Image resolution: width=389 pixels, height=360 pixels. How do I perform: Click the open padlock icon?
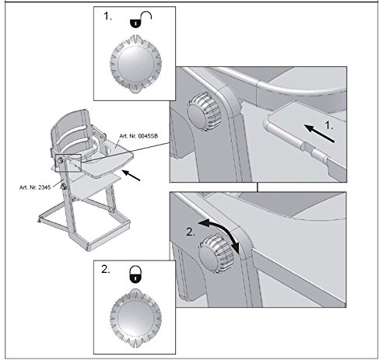tap(140, 19)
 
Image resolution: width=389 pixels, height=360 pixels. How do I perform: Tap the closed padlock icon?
tap(135, 274)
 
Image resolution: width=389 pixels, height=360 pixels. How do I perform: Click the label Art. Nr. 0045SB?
tap(138, 136)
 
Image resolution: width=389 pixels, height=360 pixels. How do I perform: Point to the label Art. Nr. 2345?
tap(35, 187)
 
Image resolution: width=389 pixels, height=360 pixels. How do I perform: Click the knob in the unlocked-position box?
tap(135, 64)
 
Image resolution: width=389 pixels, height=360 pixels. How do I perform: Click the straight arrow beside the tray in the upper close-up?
tap(319, 134)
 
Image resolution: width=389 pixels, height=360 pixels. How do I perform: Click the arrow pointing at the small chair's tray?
tap(131, 175)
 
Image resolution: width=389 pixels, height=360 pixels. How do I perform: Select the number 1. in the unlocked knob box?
tap(107, 16)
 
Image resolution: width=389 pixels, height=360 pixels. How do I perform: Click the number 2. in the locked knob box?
tap(106, 270)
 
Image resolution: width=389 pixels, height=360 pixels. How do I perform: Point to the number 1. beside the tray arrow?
tap(329, 126)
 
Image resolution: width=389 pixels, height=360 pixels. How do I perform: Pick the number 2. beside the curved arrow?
tap(191, 232)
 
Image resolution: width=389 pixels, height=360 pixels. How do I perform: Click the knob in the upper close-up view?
tap(204, 114)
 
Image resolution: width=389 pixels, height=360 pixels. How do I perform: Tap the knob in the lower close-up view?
tap(216, 253)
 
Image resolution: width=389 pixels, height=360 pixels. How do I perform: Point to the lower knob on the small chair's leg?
tap(63, 187)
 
